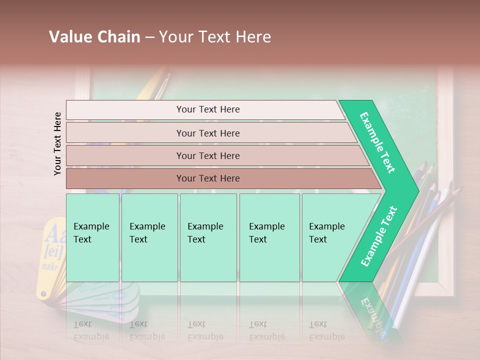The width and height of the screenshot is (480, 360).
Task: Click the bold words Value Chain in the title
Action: (94, 37)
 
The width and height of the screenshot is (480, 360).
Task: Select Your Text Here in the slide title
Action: (215, 37)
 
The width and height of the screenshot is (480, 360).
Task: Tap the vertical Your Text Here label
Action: (57, 143)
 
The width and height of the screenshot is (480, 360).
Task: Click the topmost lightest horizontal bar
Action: (205, 109)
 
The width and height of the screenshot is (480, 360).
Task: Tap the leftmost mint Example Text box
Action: (92, 237)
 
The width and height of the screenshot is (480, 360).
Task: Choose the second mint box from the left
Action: (149, 237)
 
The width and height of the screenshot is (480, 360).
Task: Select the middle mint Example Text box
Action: (208, 237)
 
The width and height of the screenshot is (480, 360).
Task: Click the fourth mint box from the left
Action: (269, 237)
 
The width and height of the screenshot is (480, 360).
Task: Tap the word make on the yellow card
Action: (50, 266)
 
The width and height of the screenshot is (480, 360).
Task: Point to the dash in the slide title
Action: (149, 37)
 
